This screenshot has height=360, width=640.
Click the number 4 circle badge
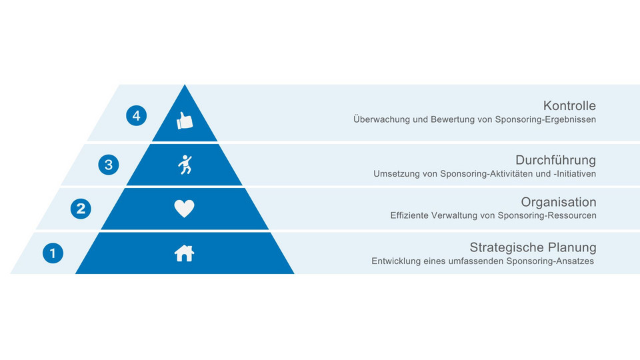point(136,115)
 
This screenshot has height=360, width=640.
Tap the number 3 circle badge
point(109,165)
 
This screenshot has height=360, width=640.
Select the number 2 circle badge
point(81,209)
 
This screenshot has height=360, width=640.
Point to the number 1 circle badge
point(53,253)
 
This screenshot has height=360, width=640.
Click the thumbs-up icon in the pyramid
point(185,121)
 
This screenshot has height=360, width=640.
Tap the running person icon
point(185,165)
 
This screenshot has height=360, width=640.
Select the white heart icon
point(185,209)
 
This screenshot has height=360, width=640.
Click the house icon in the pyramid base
point(185,253)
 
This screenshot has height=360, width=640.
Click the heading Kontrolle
point(569,106)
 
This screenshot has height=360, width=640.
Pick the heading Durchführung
point(555,159)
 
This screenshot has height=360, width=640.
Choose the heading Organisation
point(559,202)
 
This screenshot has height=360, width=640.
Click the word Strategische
point(507,247)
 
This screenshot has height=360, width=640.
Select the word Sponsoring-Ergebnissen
point(545,119)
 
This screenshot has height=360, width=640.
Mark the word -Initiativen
point(575,173)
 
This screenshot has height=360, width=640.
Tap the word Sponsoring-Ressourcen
point(547,215)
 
